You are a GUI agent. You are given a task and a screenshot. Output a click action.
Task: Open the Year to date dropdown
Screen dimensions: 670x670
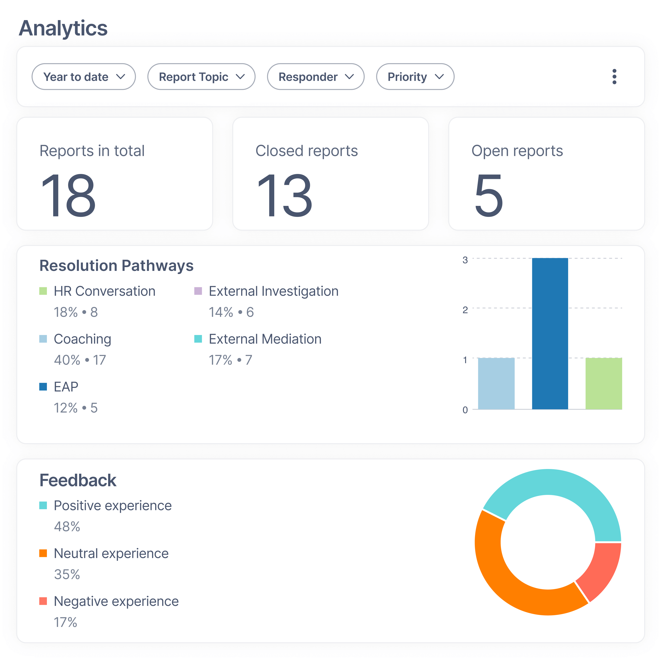pyautogui.click(x=84, y=77)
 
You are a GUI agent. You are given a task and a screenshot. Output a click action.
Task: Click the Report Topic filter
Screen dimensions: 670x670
pyautogui.click(x=201, y=77)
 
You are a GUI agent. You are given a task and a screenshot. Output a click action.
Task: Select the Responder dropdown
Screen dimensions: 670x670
pyautogui.click(x=316, y=77)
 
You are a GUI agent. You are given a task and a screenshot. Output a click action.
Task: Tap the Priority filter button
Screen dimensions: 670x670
pyautogui.click(x=415, y=77)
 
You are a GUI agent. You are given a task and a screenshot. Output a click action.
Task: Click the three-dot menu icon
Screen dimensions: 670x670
pyautogui.click(x=614, y=77)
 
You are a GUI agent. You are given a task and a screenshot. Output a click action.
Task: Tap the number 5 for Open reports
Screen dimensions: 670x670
pyautogui.click(x=488, y=196)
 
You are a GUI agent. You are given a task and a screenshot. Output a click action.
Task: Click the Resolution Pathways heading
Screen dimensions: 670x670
pyautogui.click(x=116, y=266)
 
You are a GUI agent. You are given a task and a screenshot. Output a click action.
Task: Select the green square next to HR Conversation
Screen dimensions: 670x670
pyautogui.click(x=43, y=291)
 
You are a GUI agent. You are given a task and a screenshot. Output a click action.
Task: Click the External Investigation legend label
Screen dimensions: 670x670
pyautogui.click(x=273, y=291)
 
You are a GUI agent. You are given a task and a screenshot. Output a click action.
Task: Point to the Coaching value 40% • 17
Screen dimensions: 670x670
pyautogui.click(x=80, y=360)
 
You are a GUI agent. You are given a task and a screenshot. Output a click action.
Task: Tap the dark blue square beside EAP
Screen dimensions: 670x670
pyautogui.click(x=43, y=387)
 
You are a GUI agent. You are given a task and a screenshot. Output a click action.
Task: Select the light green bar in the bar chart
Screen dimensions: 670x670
pyautogui.click(x=603, y=383)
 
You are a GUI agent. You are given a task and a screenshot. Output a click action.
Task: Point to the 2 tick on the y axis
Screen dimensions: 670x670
pyautogui.click(x=465, y=310)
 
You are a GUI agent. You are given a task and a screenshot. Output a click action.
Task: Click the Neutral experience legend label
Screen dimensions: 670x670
pyautogui.click(x=111, y=553)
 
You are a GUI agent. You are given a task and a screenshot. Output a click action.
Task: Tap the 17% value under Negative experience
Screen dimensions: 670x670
pyautogui.click(x=65, y=622)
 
